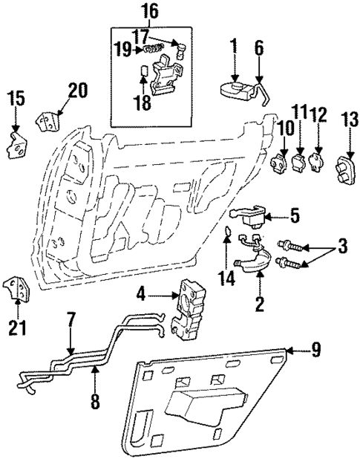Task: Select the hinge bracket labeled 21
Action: [17, 289]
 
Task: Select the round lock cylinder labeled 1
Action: [235, 89]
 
